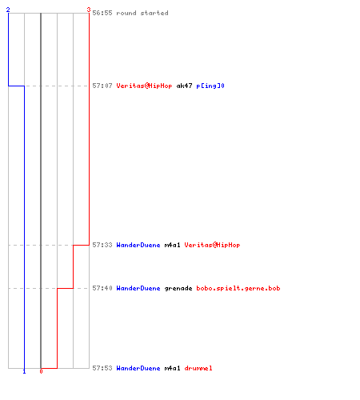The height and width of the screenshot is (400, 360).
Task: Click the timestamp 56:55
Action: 102,13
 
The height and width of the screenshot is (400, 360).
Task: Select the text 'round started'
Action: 142,13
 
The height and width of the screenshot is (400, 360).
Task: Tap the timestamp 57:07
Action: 102,86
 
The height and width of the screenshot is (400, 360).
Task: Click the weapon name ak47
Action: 184,86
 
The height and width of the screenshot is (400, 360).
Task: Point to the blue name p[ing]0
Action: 210,86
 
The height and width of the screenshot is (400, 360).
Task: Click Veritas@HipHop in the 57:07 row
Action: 144,86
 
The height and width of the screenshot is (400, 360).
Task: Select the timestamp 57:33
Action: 102,245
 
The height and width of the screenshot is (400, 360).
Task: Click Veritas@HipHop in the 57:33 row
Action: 212,245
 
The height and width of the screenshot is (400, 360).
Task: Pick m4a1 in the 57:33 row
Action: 172,245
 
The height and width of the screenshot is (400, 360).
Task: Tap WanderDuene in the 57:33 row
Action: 138,245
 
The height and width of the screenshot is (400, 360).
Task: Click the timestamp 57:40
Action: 102,288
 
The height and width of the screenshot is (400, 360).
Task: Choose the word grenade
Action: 178,288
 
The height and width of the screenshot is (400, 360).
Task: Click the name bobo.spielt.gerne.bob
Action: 238,288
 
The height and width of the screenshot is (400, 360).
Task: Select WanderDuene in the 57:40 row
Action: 138,288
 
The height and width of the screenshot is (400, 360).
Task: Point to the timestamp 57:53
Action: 102,368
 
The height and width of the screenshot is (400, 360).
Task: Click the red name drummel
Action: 198,368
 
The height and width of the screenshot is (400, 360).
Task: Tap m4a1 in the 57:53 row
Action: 172,368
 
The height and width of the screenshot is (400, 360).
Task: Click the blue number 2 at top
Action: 8,10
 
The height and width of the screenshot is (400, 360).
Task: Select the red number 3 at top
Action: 89,10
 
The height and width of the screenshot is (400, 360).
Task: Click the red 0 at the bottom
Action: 41,371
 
